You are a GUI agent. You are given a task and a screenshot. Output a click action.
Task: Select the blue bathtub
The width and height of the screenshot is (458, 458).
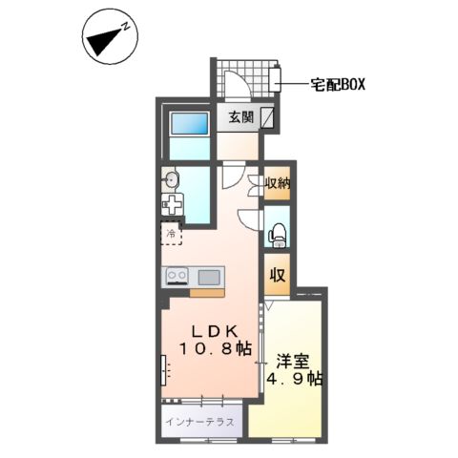(x=187, y=126)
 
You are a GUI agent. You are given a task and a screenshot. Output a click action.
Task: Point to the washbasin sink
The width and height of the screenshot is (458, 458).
(x=172, y=178)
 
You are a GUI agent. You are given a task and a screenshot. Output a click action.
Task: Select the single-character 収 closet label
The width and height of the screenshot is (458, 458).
(x=277, y=277)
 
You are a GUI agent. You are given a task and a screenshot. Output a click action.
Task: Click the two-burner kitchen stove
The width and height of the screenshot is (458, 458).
(x=177, y=277)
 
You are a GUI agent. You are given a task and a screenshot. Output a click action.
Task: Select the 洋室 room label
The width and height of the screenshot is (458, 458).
(x=294, y=361)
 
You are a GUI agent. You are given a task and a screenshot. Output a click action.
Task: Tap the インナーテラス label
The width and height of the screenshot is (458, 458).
(x=200, y=420)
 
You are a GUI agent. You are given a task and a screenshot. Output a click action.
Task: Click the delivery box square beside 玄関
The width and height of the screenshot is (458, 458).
(x=269, y=118)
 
